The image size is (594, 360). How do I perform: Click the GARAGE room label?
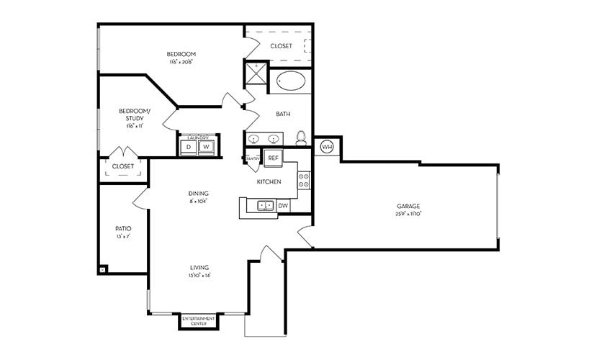[x=408, y=206]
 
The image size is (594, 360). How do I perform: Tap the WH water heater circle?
[x=326, y=147]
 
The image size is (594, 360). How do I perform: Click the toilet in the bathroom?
[x=302, y=137]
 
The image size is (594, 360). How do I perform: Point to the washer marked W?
[x=206, y=146]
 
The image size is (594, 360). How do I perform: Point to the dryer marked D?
[x=189, y=146]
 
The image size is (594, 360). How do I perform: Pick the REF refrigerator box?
[x=273, y=157]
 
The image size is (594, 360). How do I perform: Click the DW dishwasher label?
[x=283, y=206]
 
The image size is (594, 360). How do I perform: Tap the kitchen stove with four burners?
[x=304, y=180]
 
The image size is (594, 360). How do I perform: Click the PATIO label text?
[x=123, y=228]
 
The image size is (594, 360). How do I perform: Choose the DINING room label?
[x=198, y=193]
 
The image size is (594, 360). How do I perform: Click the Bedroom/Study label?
[x=135, y=114]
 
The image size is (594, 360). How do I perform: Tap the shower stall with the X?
[x=255, y=74]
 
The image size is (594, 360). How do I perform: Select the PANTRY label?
[x=252, y=158]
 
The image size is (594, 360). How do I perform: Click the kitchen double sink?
[x=266, y=206]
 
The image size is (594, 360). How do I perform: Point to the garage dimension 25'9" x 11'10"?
[x=408, y=214]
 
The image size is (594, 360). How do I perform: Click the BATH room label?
[x=283, y=114]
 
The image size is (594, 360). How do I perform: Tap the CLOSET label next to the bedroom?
[x=281, y=46]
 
